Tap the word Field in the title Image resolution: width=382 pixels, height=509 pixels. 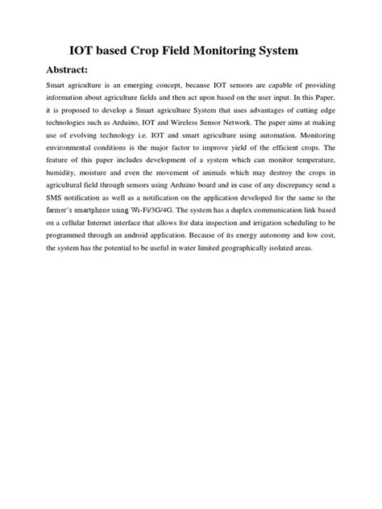tap(193, 51)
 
